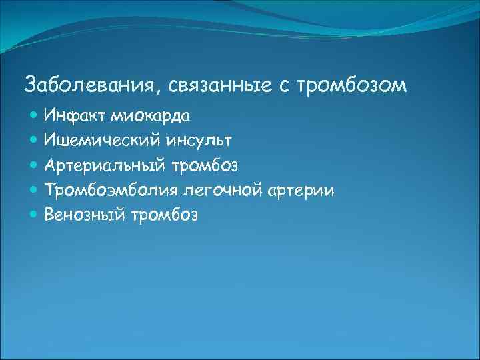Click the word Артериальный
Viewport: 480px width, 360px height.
coord(105,165)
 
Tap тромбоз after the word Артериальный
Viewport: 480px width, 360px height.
coord(207,165)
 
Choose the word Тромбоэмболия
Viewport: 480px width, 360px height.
coord(109,189)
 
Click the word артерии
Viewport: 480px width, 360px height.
coord(301,189)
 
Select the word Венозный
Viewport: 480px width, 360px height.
coord(83,214)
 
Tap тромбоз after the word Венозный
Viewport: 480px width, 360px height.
coord(163,214)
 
